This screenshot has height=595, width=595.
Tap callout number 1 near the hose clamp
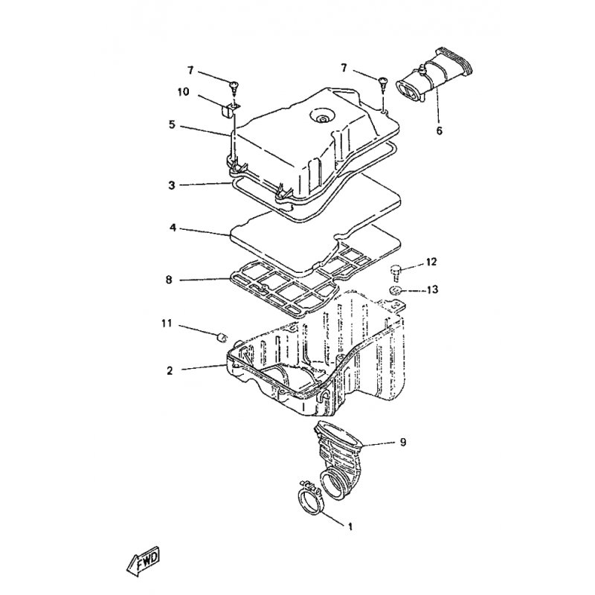point(350,526)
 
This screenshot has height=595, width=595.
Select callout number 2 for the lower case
point(170,370)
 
